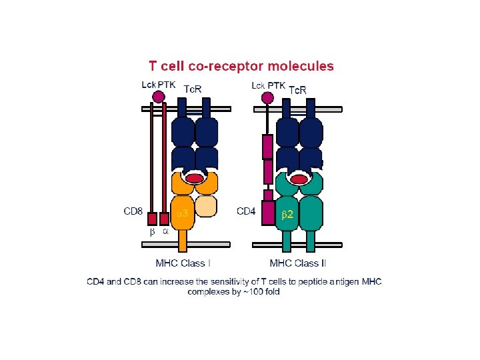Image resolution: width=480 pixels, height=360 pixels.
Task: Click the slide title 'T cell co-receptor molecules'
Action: [x=241, y=66]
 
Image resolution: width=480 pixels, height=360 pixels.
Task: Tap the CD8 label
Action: [x=133, y=211]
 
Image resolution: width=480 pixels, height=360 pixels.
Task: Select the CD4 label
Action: [x=247, y=211]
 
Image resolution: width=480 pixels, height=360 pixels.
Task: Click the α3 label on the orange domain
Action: [x=181, y=213]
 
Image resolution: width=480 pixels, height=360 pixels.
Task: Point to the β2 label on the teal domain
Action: [x=287, y=213]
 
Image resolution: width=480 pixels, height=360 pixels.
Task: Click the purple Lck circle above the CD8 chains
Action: [x=159, y=97]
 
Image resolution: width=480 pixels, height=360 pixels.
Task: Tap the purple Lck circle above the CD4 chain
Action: [x=268, y=98]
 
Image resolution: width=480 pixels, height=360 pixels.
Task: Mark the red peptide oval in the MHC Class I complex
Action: [x=194, y=179]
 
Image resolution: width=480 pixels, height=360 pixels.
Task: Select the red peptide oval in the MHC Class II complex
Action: [x=300, y=179]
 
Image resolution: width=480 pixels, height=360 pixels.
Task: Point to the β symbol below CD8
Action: [x=152, y=233]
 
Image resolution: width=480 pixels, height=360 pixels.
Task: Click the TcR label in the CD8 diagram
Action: [x=193, y=89]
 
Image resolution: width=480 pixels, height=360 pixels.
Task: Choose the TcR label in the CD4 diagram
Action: [x=297, y=89]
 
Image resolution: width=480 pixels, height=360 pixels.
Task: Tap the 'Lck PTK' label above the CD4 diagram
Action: [x=268, y=85]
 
